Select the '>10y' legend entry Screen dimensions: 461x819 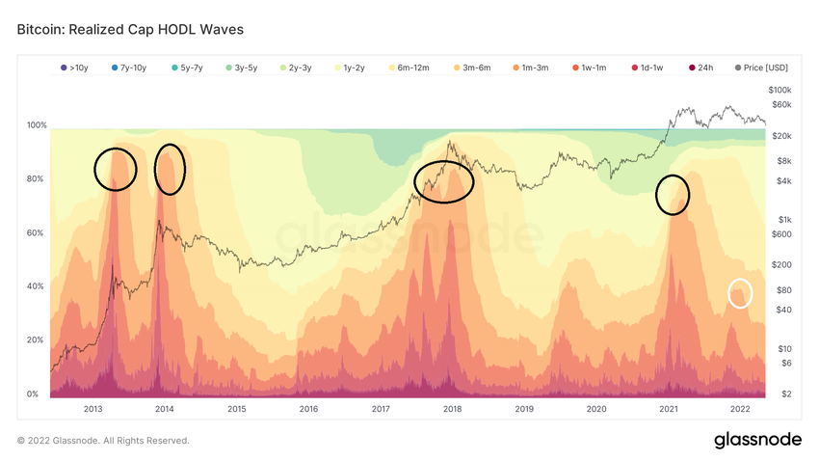tap(75, 68)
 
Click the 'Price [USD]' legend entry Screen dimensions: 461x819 tap(761, 68)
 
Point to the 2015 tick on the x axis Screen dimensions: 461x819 tap(236, 409)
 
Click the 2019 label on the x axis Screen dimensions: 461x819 tap(524, 409)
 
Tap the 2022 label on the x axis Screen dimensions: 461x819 tap(740, 409)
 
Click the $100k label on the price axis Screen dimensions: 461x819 tap(780, 90)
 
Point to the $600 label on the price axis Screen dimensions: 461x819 tap(780, 234)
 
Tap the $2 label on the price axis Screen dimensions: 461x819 tap(787, 394)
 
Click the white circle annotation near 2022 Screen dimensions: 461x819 tap(740, 292)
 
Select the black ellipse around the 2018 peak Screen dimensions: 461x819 tap(444, 181)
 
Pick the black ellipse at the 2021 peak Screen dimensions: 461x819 tap(673, 195)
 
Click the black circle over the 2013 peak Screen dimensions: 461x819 tap(116, 169)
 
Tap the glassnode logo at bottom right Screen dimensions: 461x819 tap(757, 440)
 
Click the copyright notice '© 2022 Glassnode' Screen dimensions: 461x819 tap(103, 441)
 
